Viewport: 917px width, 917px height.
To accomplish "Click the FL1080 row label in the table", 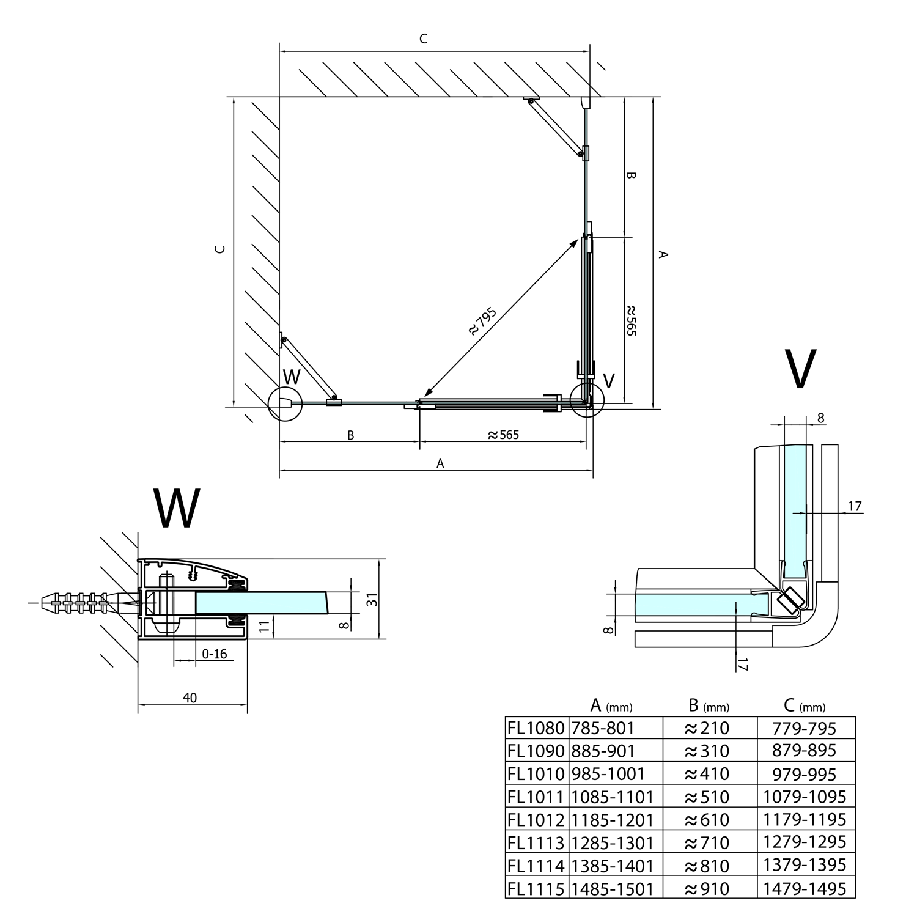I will point(536,728).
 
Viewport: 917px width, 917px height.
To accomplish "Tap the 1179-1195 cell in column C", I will point(805,819).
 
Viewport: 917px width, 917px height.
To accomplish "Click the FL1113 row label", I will point(536,842).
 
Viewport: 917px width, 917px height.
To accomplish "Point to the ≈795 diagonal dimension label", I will point(482,322).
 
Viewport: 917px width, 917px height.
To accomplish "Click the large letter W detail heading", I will point(176,509).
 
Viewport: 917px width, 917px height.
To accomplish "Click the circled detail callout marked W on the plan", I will point(285,403).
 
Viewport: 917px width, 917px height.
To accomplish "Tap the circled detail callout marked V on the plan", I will point(586,400).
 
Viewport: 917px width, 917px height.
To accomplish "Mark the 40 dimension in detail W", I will point(190,698).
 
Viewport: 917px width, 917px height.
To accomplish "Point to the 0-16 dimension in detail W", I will point(214,654).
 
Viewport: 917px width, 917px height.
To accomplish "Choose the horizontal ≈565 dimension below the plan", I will point(503,435).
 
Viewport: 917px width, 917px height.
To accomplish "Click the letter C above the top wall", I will point(423,39).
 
